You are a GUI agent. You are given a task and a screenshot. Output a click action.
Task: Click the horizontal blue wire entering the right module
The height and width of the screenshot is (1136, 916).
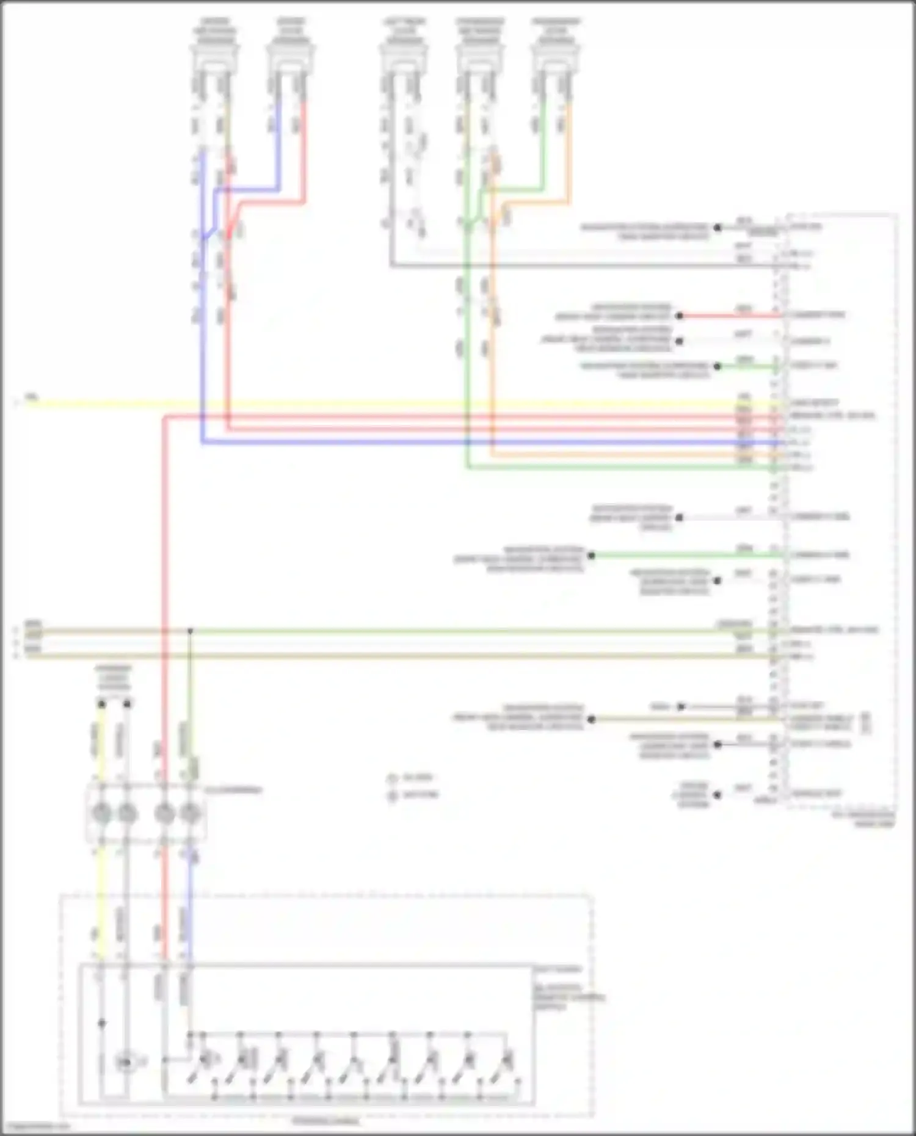(489, 442)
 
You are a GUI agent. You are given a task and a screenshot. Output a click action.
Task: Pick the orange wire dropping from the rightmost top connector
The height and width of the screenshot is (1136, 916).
(569, 153)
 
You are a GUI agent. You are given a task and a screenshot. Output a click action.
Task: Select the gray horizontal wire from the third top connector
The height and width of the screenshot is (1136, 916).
(580, 266)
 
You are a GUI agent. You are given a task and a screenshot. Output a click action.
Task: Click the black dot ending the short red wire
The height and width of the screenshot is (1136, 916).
(679, 316)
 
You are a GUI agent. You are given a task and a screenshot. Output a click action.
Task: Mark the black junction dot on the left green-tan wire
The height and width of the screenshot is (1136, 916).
(190, 631)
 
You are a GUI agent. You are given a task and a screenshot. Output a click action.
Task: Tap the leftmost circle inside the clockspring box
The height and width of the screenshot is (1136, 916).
(101, 814)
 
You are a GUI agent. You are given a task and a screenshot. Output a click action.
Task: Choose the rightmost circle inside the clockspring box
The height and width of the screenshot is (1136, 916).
(191, 814)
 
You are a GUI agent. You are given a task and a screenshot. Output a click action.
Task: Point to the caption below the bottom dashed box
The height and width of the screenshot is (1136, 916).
(325, 1121)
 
